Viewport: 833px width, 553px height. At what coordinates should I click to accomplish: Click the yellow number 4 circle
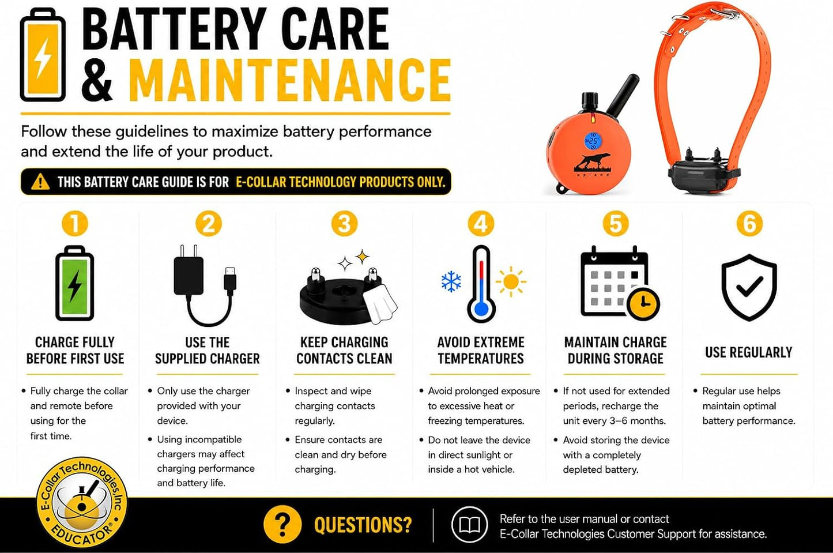click(481, 224)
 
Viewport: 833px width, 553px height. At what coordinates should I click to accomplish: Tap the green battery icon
click(75, 283)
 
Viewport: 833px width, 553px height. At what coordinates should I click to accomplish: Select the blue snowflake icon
click(451, 281)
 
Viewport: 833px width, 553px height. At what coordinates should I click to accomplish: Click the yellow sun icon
click(511, 281)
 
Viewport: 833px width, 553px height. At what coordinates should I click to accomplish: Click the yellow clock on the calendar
click(643, 304)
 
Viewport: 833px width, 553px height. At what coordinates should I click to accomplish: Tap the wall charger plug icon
click(189, 270)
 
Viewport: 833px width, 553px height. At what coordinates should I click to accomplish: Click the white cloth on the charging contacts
click(380, 304)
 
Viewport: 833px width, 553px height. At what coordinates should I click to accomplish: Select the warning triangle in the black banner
click(40, 182)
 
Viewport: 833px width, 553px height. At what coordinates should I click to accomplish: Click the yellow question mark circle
click(282, 524)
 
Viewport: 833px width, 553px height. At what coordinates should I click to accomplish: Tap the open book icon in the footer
click(469, 525)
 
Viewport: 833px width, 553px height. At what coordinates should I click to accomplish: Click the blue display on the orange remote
click(593, 141)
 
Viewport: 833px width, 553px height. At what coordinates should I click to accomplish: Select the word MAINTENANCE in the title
click(289, 80)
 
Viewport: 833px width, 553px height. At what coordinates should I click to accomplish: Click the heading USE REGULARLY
click(749, 352)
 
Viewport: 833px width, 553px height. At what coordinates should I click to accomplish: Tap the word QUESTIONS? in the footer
click(363, 525)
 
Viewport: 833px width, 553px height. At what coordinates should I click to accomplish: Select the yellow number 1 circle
click(75, 224)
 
